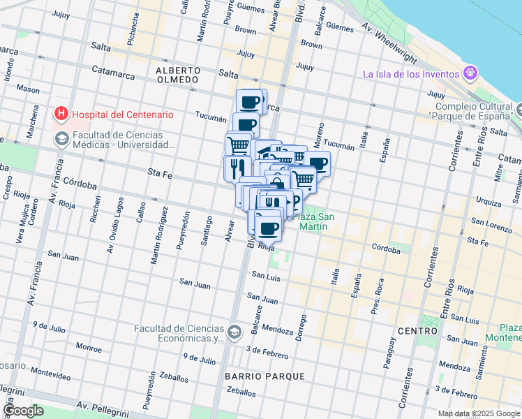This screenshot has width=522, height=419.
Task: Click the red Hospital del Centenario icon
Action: coord(61,114)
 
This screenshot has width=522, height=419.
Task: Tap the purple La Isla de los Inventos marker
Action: coord(471,73)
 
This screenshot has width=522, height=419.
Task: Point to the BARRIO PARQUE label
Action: coord(264,376)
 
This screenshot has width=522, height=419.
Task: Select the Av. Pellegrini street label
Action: coord(105,406)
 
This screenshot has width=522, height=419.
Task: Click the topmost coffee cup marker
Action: coord(250,103)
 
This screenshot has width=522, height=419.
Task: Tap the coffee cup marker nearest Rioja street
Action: coord(268,228)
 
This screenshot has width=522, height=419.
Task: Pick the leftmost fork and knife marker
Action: coord(237,168)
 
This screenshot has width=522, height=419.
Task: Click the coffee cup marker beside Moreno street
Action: coord(317,164)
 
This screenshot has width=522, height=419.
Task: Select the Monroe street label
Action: coord(89,346)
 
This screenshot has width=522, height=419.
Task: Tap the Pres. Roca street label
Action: coord(378,297)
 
